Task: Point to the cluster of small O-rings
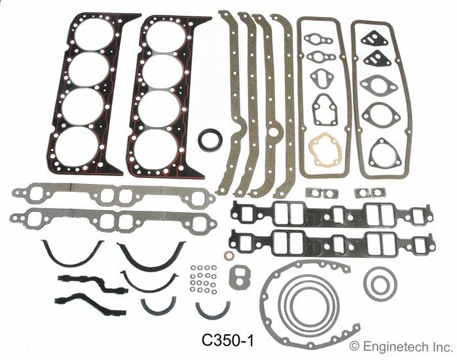coord(202,281)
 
